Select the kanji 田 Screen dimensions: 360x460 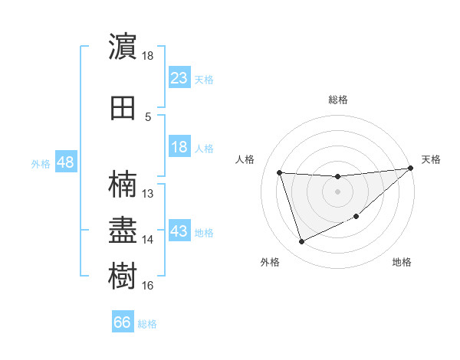coord(123,108)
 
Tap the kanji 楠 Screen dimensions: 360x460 coord(123,185)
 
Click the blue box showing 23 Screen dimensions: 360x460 coord(179,78)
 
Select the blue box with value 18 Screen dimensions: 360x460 coord(179,148)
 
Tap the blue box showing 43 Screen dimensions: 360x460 coord(179,231)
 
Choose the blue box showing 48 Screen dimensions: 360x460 coord(65,162)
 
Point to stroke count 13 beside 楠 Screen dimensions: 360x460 coord(149,194)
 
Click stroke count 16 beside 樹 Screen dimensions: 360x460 coord(148,286)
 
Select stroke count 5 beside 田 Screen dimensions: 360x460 coord(148,116)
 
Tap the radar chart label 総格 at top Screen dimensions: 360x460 coord(338,100)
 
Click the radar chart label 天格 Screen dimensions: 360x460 coord(431,159)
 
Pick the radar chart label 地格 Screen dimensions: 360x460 coord(402,262)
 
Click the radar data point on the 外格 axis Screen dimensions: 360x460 coord(301,242)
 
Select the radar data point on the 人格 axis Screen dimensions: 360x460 coord(280,172)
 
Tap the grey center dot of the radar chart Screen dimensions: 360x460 coord(337,191)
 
